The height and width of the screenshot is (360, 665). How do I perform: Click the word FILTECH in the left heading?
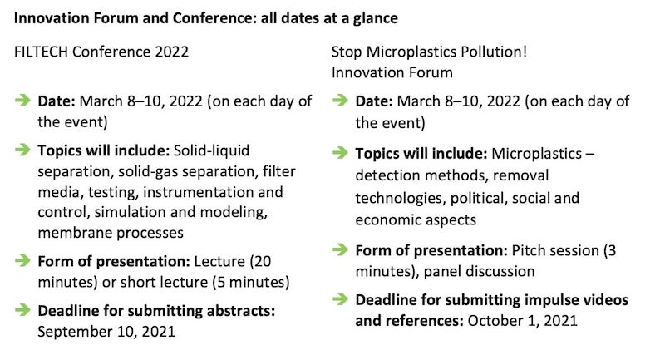pos(41,52)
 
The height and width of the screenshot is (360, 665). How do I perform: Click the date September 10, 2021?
pos(106,332)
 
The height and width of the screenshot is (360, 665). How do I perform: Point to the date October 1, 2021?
pos(523,321)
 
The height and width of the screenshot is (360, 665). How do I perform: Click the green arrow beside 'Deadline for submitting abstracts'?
pos(22,309)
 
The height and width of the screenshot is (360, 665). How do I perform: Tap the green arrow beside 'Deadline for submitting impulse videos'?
pos(340,299)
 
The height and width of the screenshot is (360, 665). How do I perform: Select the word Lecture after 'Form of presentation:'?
pos(219,261)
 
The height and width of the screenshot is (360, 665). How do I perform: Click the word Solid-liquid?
pos(212,150)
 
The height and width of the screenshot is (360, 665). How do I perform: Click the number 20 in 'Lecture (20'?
pos(263,261)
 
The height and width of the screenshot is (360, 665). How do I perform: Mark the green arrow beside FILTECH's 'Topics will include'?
pos(22,150)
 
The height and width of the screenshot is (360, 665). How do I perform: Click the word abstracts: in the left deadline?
pos(241,311)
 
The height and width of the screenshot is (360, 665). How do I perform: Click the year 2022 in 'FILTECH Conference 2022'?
pos(172,52)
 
